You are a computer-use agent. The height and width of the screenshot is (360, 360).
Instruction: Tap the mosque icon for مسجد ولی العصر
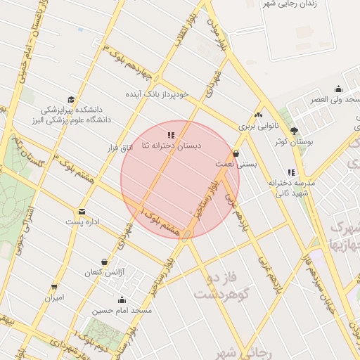(339, 89)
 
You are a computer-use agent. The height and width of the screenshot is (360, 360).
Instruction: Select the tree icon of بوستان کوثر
(294, 130)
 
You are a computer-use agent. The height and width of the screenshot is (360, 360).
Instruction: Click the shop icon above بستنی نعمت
(235, 153)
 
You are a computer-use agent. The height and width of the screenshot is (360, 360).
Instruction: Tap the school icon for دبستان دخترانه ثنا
(171, 134)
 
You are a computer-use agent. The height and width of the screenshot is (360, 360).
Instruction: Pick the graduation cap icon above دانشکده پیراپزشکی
(70, 100)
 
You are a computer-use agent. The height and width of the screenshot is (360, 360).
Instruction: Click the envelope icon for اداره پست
(82, 211)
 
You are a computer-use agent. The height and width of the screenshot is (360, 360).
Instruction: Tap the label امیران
(54, 297)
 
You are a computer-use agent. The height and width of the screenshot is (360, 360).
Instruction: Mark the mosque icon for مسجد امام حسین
(122, 299)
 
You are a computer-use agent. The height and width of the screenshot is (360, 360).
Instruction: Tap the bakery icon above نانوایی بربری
(258, 115)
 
